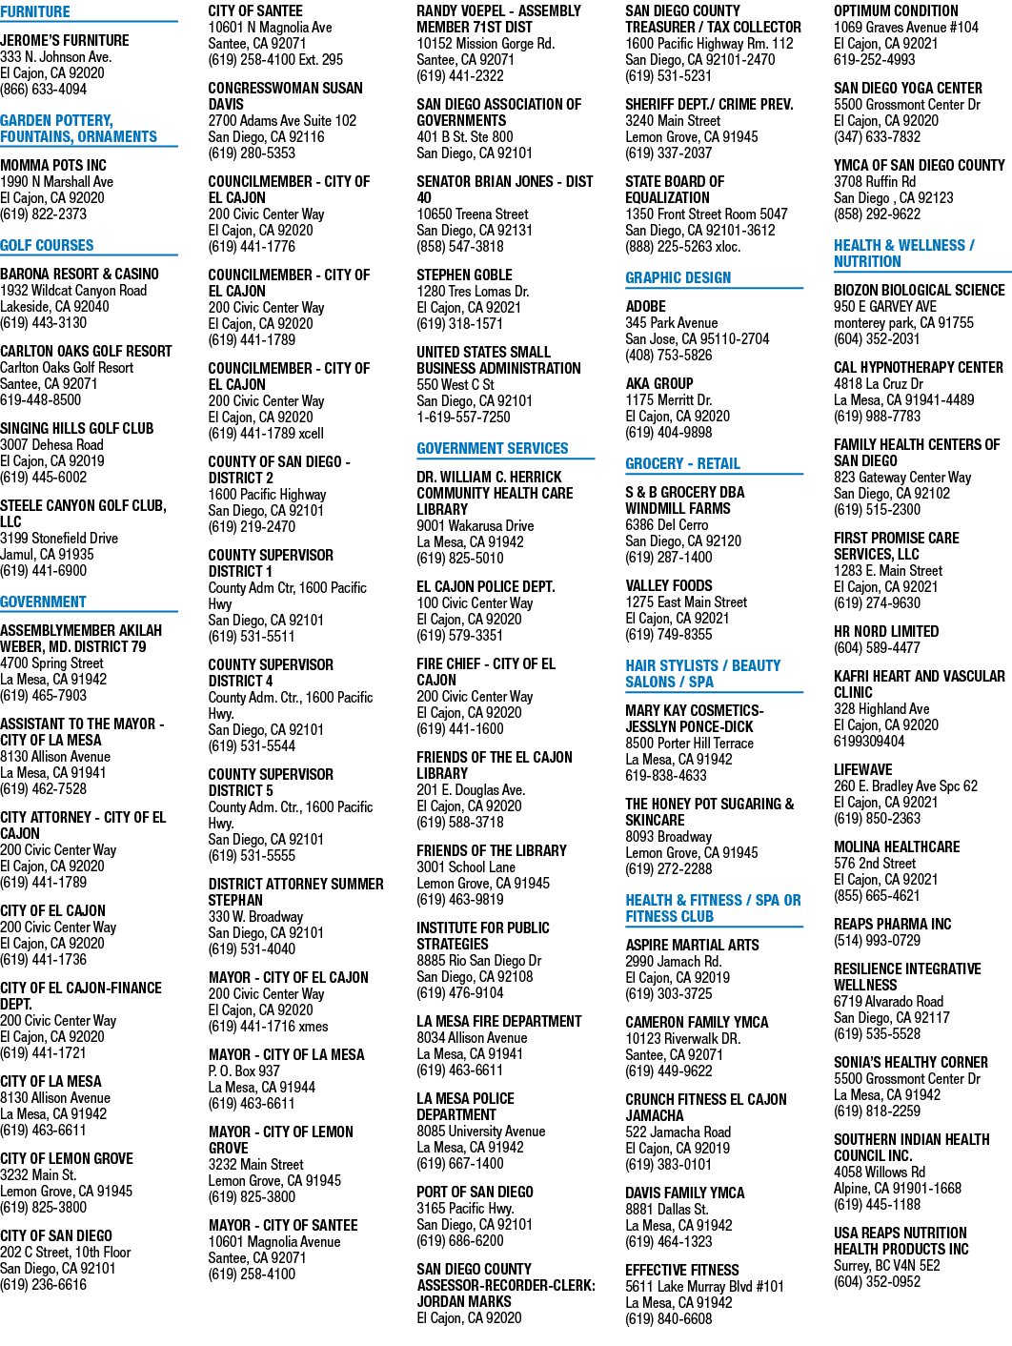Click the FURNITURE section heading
pyautogui.click(x=35, y=11)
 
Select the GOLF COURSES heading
pyautogui.click(x=48, y=245)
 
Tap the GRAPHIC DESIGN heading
pyautogui.click(x=678, y=277)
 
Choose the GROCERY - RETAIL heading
pyautogui.click(x=682, y=463)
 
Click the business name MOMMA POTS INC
pyautogui.click(x=53, y=166)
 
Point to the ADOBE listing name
pyautogui.click(x=645, y=307)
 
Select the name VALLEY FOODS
pyautogui.click(x=669, y=585)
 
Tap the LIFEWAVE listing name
pyautogui.click(x=863, y=769)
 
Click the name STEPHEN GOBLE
pyautogui.click(x=464, y=275)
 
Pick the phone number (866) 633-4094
pyautogui.click(x=44, y=90)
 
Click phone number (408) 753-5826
pyautogui.click(x=669, y=355)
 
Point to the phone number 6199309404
pyautogui.click(x=869, y=742)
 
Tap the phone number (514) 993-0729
pyautogui.click(x=877, y=941)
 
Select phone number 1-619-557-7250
pyautogui.click(x=463, y=417)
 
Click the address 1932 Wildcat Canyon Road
pyautogui.click(x=73, y=291)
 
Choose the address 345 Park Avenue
pyautogui.click(x=671, y=322)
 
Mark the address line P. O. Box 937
pyautogui.click(x=244, y=1071)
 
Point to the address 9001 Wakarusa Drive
pyautogui.click(x=476, y=526)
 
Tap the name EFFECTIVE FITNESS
pyautogui.click(x=682, y=1270)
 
